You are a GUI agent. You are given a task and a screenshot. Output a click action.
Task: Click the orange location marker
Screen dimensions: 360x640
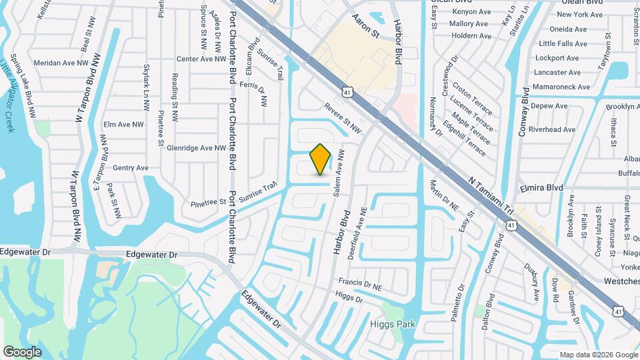(321, 159)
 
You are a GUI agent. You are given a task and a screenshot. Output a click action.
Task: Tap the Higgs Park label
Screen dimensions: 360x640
(393, 325)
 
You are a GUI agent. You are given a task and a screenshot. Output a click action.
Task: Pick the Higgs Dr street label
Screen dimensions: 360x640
(349, 298)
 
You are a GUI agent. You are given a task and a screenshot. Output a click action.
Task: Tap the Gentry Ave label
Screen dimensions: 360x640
(131, 168)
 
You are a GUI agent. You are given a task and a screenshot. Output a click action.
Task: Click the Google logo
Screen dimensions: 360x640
(22, 352)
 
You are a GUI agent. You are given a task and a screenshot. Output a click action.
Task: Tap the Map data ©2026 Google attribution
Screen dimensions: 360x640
(598, 354)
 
